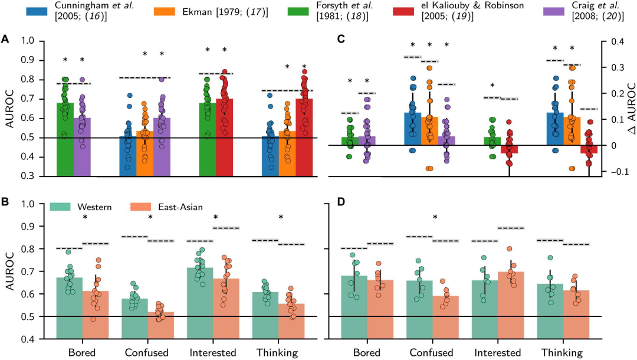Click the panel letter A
(5, 39)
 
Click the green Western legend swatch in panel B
(61, 207)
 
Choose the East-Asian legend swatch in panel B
(141, 207)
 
